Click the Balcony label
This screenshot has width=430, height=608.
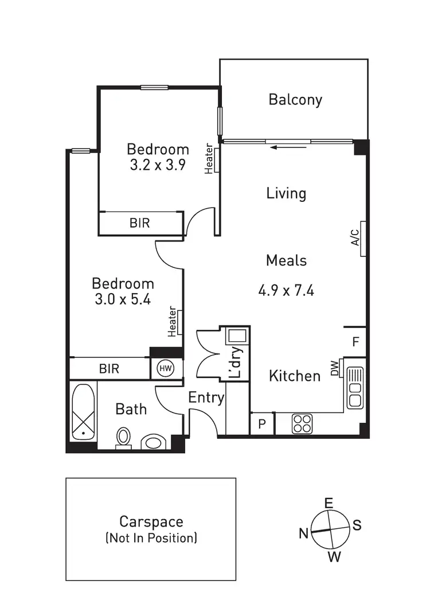click(295, 100)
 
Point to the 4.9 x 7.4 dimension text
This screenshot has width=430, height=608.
click(286, 290)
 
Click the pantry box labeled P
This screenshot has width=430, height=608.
click(262, 424)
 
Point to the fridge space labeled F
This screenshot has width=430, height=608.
click(355, 342)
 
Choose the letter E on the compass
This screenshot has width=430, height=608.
click(329, 503)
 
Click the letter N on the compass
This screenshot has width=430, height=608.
click(304, 533)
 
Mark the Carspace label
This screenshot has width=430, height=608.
click(151, 522)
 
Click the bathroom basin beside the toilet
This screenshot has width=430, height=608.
click(153, 442)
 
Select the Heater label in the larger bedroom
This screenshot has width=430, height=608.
click(172, 322)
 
